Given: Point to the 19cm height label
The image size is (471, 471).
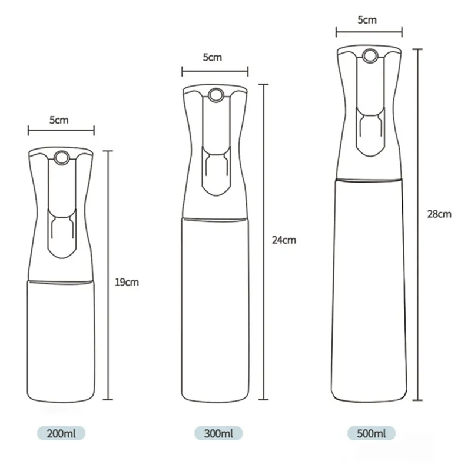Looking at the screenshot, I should pos(127,282).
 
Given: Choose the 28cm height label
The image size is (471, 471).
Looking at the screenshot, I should pos(440,214).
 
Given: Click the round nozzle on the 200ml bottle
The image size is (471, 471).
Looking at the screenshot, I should pos(61,157).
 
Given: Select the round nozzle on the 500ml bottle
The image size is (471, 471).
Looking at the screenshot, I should pos(369,57).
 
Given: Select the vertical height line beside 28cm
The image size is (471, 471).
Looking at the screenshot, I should pos(418,224).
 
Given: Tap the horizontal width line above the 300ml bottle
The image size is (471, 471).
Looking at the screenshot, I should pos(215,73).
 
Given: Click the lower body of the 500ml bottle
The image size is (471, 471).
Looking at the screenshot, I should pos(369,294).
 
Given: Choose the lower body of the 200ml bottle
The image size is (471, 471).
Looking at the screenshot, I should pos(61,341).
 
